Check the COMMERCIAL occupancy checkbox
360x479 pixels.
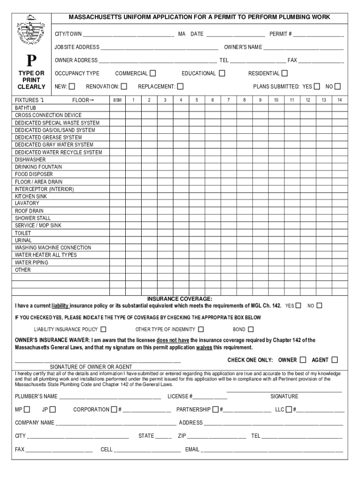tap(153, 73)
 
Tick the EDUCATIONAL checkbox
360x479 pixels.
tap(222, 73)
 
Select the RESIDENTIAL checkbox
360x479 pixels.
tap(285, 73)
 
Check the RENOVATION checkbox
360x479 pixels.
tap(123, 87)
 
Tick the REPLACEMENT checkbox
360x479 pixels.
tap(180, 87)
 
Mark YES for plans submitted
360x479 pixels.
tap(317, 87)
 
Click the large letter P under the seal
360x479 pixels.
tap(31, 61)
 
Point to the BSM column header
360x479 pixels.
tap(117, 100)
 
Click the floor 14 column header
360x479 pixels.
tap(339, 100)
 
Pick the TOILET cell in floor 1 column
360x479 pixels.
tap(133, 233)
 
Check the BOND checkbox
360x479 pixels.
tap(251, 329)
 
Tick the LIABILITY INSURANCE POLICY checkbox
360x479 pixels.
tap(103, 329)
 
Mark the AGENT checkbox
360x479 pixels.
tap(334, 360)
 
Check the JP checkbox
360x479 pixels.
tap(52, 410)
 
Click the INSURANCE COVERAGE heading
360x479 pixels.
tap(180, 298)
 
